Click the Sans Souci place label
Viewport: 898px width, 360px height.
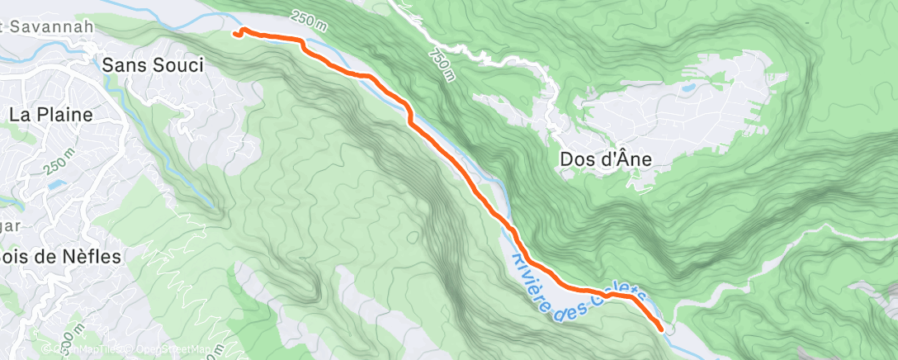click(152, 64)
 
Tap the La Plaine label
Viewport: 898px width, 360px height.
click(51, 115)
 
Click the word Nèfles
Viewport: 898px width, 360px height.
click(92, 257)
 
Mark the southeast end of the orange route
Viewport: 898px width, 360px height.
click(661, 329)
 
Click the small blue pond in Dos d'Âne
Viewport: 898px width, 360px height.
click(687, 85)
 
